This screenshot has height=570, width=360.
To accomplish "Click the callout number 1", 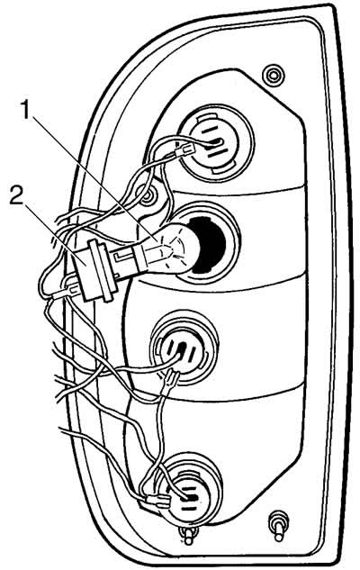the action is pyautogui.click(x=25, y=110).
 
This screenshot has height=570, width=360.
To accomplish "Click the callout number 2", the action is pyautogui.click(x=16, y=196).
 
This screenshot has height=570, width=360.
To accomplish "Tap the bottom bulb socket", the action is pyautogui.click(x=191, y=492).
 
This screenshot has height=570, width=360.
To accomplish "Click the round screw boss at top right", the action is pyautogui.click(x=273, y=77).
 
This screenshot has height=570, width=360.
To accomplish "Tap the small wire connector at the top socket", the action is pyautogui.click(x=184, y=149).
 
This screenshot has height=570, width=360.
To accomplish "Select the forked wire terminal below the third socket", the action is pyautogui.click(x=171, y=381).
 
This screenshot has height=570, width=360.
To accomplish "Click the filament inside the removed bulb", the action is pyautogui.click(x=169, y=248).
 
